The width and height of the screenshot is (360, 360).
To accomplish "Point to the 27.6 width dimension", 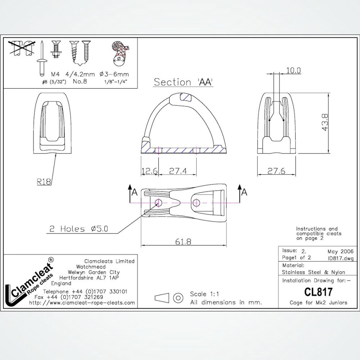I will (x=276, y=171).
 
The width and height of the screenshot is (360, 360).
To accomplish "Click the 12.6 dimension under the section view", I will (x=149, y=171).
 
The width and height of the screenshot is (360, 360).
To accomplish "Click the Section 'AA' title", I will (x=184, y=82).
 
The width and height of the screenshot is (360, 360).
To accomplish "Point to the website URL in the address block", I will (x=82, y=303).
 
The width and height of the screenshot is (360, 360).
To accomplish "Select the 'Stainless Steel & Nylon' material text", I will (x=313, y=272).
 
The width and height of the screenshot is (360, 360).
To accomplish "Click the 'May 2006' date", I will (x=340, y=251).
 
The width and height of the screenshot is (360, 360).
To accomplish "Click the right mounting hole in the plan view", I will (x=196, y=203).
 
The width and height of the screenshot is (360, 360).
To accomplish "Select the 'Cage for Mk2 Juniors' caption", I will (x=318, y=302).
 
